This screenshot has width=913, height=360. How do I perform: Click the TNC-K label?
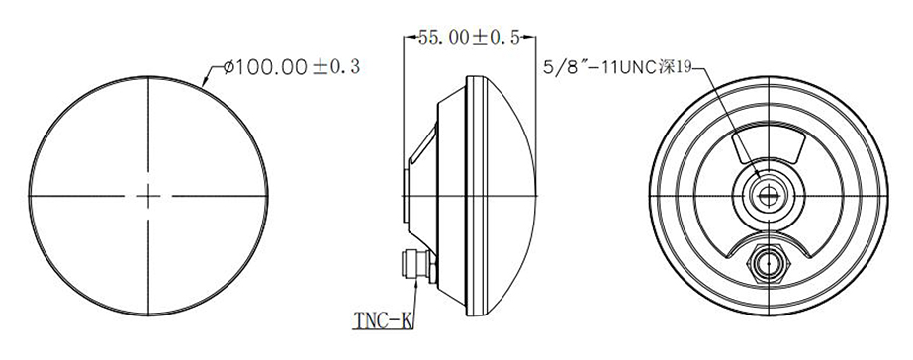(x=381, y=319)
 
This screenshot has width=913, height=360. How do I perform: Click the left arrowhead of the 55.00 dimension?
(x=410, y=38)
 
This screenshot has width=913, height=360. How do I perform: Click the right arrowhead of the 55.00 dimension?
(x=535, y=38)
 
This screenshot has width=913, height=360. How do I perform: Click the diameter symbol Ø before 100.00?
(x=229, y=67)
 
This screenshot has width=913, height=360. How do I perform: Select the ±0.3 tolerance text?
(x=337, y=67)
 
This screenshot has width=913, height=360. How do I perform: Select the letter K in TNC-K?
(x=405, y=319)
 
